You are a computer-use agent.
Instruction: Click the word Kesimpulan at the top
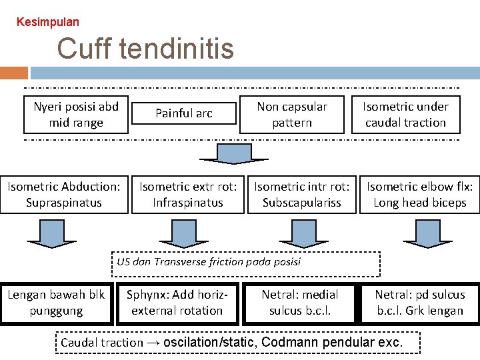tap(47, 22)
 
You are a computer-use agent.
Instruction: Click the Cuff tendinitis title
tap(145, 49)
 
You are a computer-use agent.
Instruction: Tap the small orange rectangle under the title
tap(14, 73)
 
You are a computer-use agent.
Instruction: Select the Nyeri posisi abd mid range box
tap(76, 114)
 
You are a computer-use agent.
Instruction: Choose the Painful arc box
tap(183, 113)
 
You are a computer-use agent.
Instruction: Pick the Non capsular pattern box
tap(292, 114)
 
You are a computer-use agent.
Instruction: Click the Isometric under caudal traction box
tap(405, 114)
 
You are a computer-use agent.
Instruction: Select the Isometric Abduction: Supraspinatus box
tap(64, 195)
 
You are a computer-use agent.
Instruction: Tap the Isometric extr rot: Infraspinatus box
tap(188, 195)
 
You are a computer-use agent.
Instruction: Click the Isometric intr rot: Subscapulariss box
tap(302, 195)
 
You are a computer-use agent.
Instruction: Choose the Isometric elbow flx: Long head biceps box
tap(420, 195)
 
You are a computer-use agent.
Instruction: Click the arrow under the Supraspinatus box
tap(46, 234)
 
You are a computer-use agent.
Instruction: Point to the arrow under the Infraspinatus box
tap(179, 234)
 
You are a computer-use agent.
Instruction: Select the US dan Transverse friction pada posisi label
tap(209, 262)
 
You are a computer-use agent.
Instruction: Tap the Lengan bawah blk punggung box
tap(56, 303)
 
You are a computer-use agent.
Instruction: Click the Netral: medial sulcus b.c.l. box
tap(300, 303)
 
